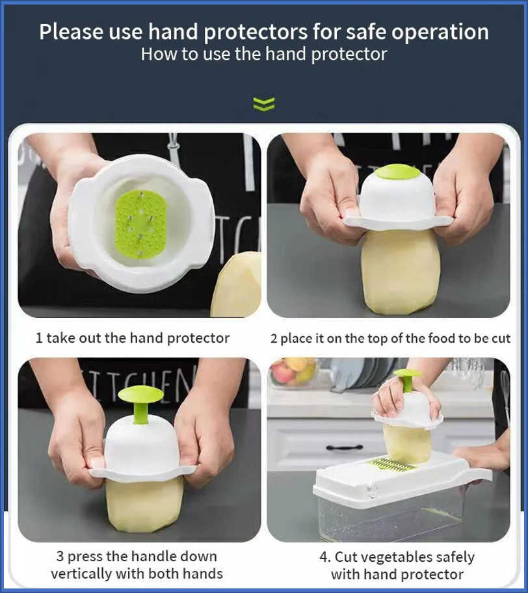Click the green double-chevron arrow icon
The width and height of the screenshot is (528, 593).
point(264,103)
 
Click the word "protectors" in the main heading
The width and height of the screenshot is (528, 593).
point(256,32)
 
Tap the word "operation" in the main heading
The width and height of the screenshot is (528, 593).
point(440,32)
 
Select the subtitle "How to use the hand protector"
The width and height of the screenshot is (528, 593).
point(264,54)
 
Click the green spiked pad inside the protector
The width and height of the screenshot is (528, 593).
point(140,222)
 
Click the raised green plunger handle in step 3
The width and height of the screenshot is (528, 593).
point(140,405)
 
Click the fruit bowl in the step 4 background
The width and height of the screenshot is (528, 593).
point(293,372)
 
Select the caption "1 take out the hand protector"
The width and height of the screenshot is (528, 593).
point(133,338)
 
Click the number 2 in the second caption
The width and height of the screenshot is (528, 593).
point(274,339)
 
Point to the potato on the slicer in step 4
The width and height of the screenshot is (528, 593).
point(407,443)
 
